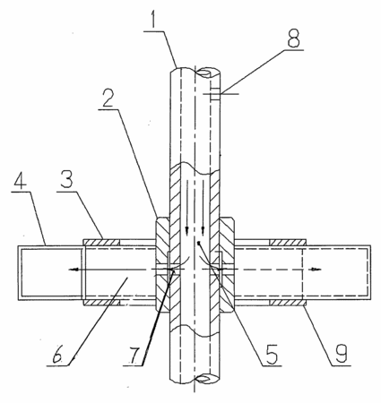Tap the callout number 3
[x=66, y=179]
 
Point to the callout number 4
[x=19, y=179]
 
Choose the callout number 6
[x=56, y=355]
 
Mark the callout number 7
[x=133, y=355]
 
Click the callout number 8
[x=294, y=38]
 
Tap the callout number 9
[x=341, y=354]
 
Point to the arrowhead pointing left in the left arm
[x=74, y=270]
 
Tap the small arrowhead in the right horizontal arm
[x=316, y=270]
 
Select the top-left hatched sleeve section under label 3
[x=101, y=242]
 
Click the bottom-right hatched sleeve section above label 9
[x=288, y=303]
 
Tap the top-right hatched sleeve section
[x=288, y=242]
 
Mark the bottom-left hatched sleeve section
[x=101, y=303]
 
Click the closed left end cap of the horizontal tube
[x=19, y=272]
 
